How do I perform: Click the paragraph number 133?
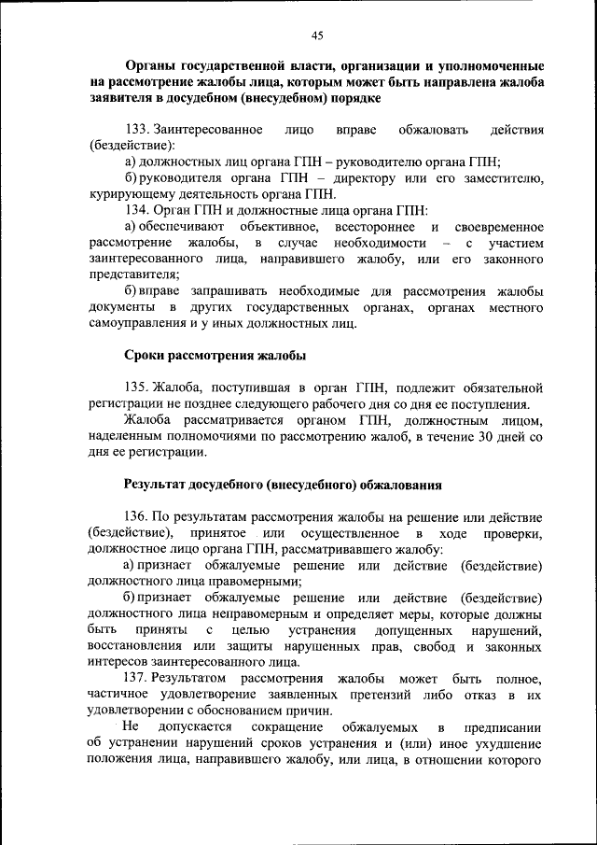click(x=136, y=128)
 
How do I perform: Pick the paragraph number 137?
click(x=136, y=677)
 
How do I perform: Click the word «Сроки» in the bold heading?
click(x=145, y=356)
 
